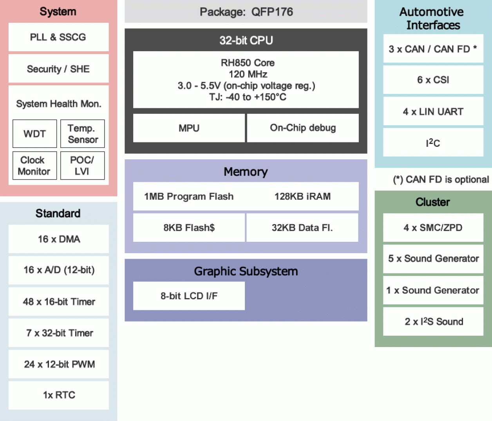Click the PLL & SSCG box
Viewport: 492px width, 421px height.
(x=58, y=37)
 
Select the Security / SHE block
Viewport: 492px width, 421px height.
(x=58, y=69)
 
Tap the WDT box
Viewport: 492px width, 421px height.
(x=34, y=134)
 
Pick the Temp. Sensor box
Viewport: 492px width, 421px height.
(x=83, y=134)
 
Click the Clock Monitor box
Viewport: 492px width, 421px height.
(x=34, y=166)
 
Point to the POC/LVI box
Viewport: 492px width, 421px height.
(x=82, y=166)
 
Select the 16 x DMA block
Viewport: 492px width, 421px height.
(x=59, y=239)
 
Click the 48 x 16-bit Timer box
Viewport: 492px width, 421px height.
(x=59, y=302)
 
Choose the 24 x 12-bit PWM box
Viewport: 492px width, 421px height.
(x=59, y=364)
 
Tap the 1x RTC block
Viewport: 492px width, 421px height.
(x=59, y=395)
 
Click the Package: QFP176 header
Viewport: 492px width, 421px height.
(x=246, y=12)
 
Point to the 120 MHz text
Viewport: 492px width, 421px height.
(x=248, y=74)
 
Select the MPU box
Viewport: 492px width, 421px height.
(x=189, y=128)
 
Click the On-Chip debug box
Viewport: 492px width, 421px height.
(x=303, y=128)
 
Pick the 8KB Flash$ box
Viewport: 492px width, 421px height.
(x=189, y=228)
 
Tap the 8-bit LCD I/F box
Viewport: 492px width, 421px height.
(x=189, y=296)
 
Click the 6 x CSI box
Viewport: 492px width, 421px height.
(x=433, y=80)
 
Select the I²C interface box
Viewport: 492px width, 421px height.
(x=433, y=143)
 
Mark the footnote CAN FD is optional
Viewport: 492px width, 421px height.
(x=441, y=180)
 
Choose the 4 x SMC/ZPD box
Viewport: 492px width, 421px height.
(x=433, y=228)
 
